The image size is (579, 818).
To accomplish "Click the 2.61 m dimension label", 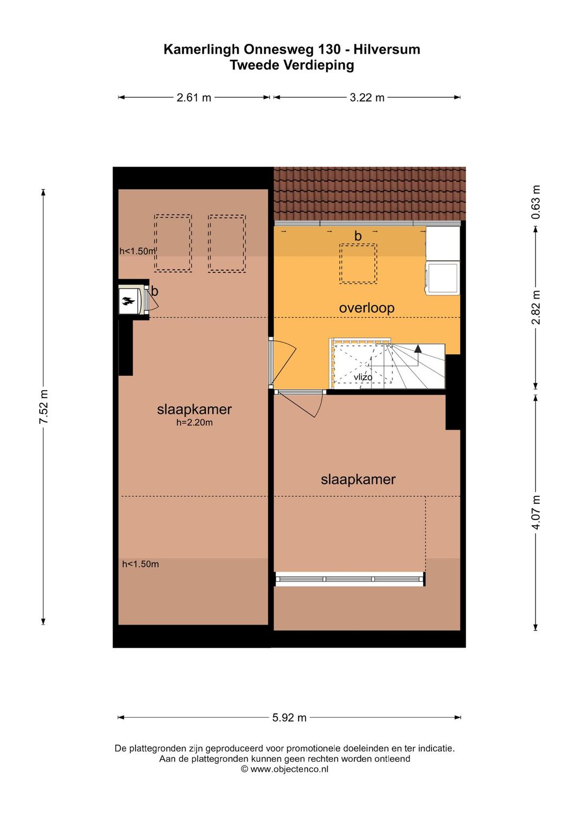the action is click(x=194, y=98).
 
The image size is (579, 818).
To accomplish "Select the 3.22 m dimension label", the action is click(x=367, y=98).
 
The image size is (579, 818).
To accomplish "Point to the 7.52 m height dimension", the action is click(x=44, y=407).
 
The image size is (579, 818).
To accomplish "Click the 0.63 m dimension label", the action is click(x=536, y=202).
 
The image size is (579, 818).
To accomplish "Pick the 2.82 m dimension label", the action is click(x=536, y=307).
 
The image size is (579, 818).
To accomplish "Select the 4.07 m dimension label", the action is click(x=536, y=512).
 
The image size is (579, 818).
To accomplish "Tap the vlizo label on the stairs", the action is click(x=363, y=377).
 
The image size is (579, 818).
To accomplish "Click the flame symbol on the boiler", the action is click(x=128, y=301).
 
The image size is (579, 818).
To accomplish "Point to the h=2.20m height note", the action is click(x=194, y=422).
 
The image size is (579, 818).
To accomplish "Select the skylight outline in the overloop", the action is click(x=358, y=263).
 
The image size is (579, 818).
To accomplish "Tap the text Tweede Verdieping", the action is click(x=292, y=65).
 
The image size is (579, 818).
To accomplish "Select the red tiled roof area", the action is click(x=370, y=194).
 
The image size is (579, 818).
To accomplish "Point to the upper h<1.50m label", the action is click(x=138, y=251).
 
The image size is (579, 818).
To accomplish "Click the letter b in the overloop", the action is click(x=358, y=236).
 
